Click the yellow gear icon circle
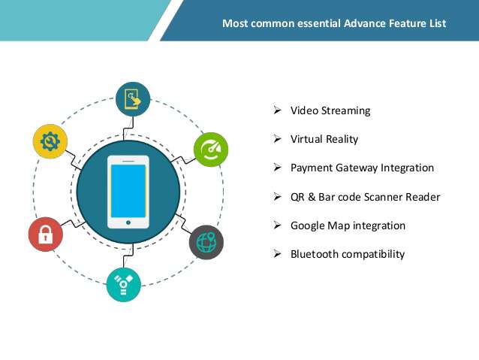tap(50, 141)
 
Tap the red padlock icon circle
tap(46, 234)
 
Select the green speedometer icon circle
tap(211, 150)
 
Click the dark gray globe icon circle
tap(206, 243)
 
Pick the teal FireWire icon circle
tap(123, 285)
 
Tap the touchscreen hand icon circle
tap(133, 99)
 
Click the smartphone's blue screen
tap(128, 191)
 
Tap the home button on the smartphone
tap(128, 222)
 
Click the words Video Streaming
tap(330, 110)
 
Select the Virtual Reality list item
tap(324, 139)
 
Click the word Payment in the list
tap(312, 168)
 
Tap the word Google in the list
tap(308, 225)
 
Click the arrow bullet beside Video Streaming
tap(277, 110)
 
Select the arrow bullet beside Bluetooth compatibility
tap(277, 253)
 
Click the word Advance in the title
tap(365, 23)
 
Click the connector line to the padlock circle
tap(74, 223)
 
